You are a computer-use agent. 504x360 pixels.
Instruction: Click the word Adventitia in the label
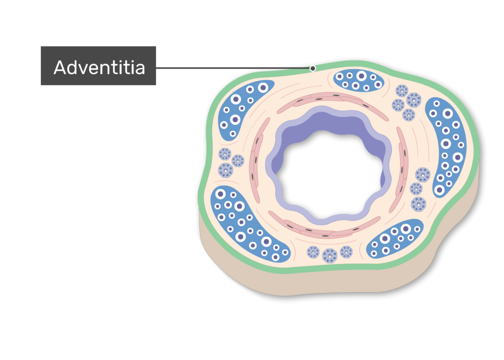tap(99, 67)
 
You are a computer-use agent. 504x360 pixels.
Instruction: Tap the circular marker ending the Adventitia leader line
tap(313, 68)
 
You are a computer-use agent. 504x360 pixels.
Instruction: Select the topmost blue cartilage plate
tap(359, 81)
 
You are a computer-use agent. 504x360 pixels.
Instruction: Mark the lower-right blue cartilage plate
tap(395, 239)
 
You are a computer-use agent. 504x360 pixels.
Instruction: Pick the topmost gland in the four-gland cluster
tap(402, 91)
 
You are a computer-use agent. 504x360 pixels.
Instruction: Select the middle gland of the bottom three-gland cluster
tap(329, 256)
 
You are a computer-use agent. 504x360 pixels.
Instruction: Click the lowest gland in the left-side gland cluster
tap(225, 170)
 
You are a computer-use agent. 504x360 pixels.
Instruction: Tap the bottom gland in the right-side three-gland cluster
tap(418, 204)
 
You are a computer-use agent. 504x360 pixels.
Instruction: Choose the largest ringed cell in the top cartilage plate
tap(362, 76)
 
